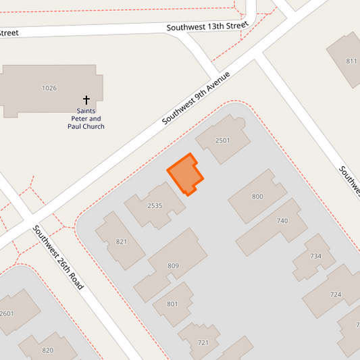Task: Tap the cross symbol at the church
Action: coord(86,99)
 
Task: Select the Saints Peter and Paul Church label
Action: coord(86,118)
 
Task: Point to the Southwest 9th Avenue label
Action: coord(197,98)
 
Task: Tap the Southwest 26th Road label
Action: coord(59,257)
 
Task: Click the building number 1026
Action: coord(49,88)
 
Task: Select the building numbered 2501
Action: coord(222,140)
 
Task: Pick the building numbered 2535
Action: coord(155,205)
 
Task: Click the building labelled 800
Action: coord(257,197)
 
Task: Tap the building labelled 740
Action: coord(282,221)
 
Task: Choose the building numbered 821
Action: coord(122,241)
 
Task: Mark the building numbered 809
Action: coord(173,266)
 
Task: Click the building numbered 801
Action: coord(172,304)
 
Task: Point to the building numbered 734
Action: coord(315,256)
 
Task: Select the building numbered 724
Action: coord(336,294)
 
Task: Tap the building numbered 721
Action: coord(203,342)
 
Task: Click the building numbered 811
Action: coord(351,61)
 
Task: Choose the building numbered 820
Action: coord(47,350)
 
